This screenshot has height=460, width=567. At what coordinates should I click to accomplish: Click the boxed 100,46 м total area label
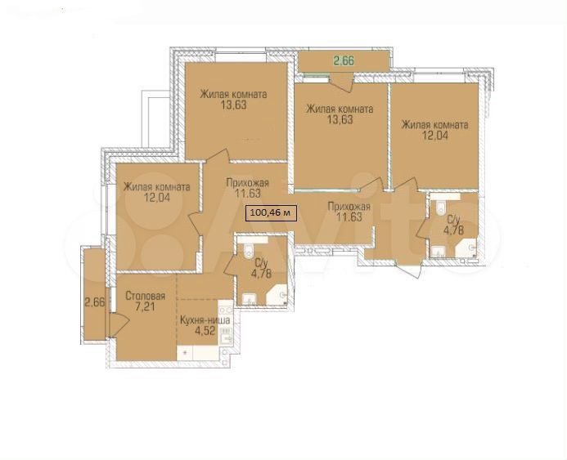[271, 212]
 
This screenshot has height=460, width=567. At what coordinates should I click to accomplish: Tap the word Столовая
[145, 296]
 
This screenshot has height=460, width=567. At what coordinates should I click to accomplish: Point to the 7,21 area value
[145, 307]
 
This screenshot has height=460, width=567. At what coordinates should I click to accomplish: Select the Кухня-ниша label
[205, 320]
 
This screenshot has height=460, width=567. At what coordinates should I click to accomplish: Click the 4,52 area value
[205, 331]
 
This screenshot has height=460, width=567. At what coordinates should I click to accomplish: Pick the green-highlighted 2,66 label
[344, 61]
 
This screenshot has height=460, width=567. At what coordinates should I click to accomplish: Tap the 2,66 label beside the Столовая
[94, 301]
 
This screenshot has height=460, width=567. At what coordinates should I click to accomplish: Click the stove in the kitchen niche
[226, 310]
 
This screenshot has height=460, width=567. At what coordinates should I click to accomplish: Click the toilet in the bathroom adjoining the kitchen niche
[249, 251]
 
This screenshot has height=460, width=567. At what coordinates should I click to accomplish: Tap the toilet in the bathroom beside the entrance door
[441, 208]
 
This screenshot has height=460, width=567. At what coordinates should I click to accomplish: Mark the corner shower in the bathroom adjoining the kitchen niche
[277, 294]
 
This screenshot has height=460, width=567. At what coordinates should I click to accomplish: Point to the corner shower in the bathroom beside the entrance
[467, 248]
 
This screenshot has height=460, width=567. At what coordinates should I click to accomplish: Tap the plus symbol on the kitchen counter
[185, 351]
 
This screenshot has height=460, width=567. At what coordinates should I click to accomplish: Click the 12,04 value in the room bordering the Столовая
[156, 197]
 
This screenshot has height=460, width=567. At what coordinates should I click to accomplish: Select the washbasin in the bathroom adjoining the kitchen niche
[250, 299]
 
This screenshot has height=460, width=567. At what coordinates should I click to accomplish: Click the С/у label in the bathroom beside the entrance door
[453, 219]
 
